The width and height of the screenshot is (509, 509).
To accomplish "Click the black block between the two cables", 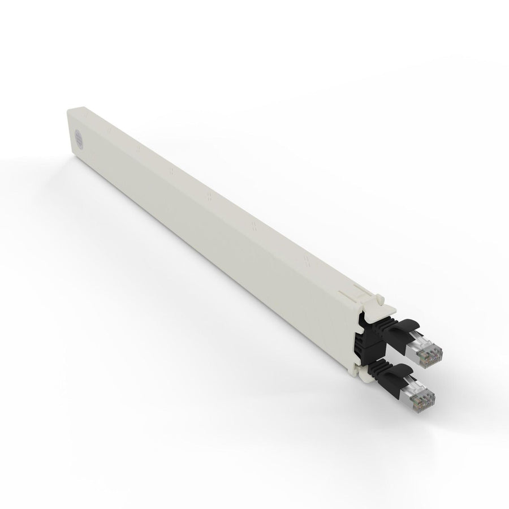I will [x=361, y=346].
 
